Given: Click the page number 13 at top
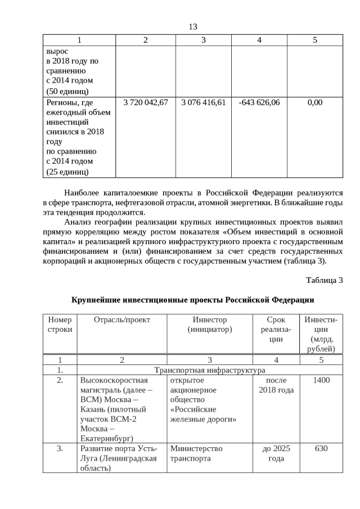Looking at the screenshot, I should [193, 26].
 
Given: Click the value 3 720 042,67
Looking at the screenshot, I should [145, 102].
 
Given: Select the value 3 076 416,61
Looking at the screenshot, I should [204, 102].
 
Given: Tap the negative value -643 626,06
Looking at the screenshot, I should [259, 102].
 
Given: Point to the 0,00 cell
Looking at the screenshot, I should [315, 102].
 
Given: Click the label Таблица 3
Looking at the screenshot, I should [324, 280].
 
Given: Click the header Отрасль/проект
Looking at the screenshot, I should [122, 319].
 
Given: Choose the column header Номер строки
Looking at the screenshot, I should [60, 325].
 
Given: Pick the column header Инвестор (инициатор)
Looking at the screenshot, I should [210, 325].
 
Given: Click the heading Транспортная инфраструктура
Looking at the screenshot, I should [210, 370].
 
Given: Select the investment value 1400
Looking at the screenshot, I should [321, 381].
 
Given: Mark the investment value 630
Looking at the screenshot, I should [321, 449].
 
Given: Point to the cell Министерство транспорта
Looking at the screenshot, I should [196, 454].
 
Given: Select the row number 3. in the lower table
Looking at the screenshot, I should [60, 449].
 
